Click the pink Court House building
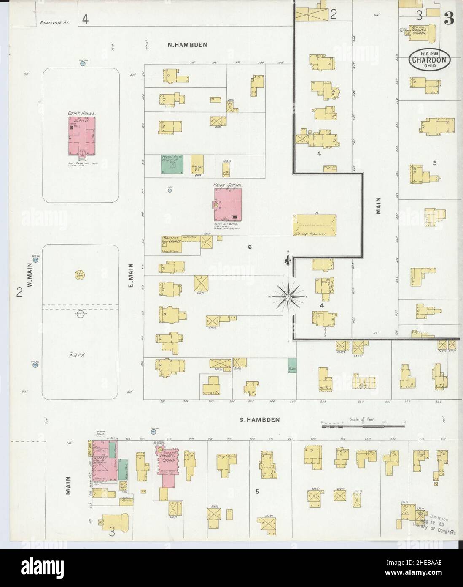tap(82, 135)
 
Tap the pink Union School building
tap(228, 204)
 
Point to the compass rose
tap(288, 295)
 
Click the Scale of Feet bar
tap(363, 427)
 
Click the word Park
tap(78, 355)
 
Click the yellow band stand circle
tap(78, 274)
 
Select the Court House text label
tap(82, 113)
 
